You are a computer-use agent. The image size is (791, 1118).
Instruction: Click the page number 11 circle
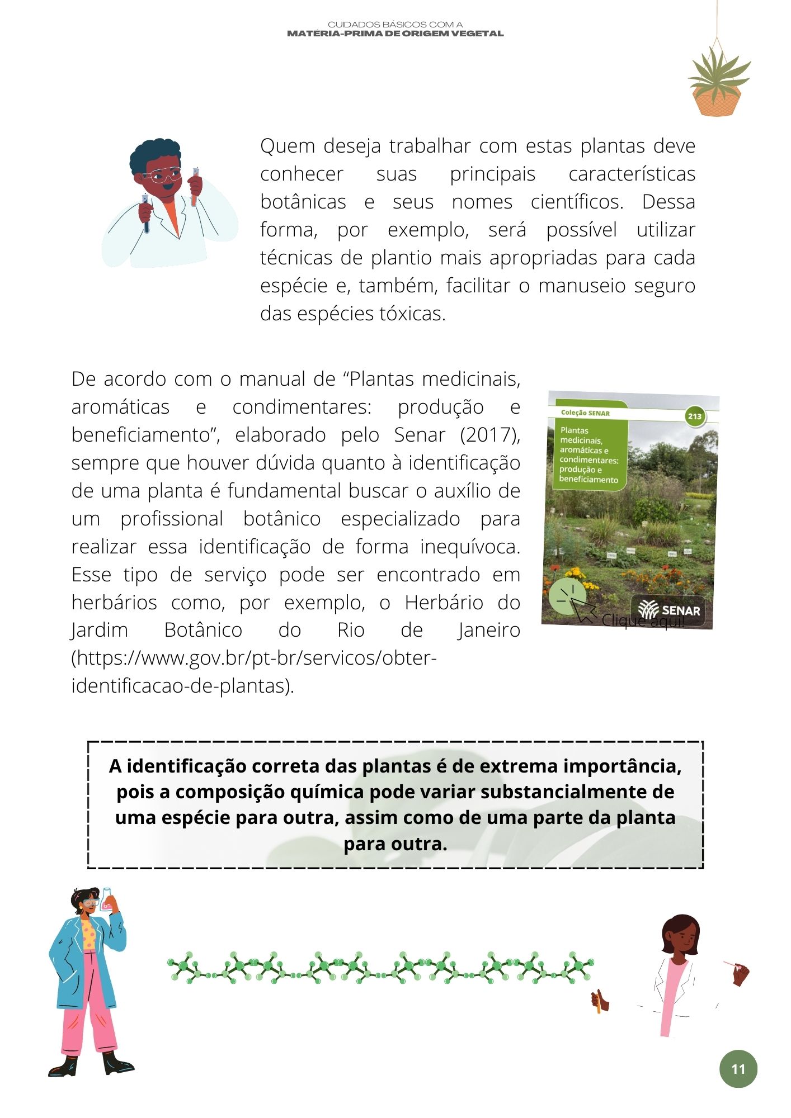tap(738, 1069)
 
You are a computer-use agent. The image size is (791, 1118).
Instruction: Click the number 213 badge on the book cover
tap(694, 416)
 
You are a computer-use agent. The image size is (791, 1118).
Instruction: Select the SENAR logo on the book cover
tap(670, 609)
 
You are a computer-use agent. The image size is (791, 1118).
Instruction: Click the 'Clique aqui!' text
tap(643, 621)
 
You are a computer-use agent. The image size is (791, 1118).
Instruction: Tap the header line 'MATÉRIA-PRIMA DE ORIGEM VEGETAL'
tap(395, 34)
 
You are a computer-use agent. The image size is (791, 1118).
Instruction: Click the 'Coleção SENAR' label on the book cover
tap(585, 413)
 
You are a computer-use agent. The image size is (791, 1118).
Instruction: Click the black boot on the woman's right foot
tap(63, 1066)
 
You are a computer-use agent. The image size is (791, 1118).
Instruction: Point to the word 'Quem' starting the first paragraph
tap(288, 146)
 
